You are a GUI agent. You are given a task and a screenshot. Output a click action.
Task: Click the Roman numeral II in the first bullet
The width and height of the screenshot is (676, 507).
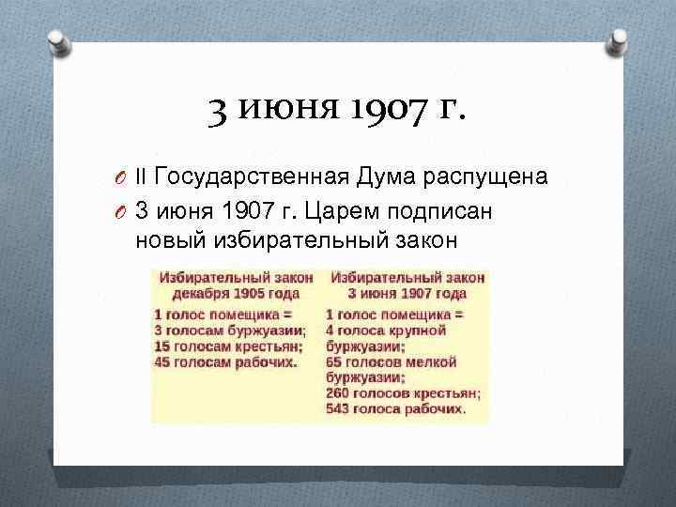(x=141, y=176)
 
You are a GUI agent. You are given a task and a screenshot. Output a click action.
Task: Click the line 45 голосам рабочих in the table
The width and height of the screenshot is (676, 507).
(x=225, y=361)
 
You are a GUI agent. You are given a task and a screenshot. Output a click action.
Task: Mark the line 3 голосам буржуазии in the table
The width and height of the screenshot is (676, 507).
(x=229, y=330)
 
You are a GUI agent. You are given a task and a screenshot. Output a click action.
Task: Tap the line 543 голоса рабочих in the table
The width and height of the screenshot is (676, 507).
(x=394, y=409)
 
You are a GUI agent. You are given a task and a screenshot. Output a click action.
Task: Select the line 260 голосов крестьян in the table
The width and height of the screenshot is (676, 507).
(x=403, y=392)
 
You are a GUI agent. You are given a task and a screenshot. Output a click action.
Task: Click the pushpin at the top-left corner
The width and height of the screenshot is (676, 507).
(x=57, y=40)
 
